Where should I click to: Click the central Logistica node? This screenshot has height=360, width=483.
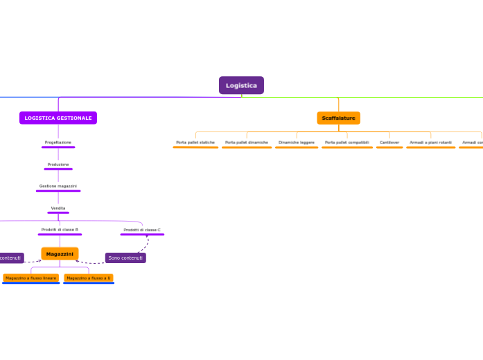click(x=241, y=85)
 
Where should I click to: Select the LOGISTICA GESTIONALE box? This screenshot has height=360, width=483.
click(x=58, y=118)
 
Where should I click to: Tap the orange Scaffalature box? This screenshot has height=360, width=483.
click(x=338, y=118)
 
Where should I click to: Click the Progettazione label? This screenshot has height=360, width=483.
click(x=58, y=142)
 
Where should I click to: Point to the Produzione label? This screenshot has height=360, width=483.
click(x=58, y=164)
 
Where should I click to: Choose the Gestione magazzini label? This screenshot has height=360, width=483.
click(x=58, y=186)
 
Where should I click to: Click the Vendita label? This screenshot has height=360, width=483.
click(x=58, y=208)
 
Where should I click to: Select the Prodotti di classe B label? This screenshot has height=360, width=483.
click(x=60, y=229)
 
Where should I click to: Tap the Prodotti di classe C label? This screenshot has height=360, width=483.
click(x=142, y=229)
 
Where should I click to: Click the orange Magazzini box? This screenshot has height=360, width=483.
click(x=60, y=254)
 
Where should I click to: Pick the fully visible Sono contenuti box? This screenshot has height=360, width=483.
click(x=125, y=258)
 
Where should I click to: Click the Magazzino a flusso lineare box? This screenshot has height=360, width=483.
click(x=30, y=278)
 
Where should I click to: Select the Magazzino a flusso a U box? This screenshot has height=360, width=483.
click(x=88, y=278)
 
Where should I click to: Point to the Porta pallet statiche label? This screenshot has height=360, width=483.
click(x=195, y=142)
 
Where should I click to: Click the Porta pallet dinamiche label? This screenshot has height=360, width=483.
click(x=246, y=142)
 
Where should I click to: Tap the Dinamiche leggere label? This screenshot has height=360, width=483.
click(x=297, y=142)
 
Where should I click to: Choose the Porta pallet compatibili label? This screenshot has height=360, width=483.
click(x=347, y=142)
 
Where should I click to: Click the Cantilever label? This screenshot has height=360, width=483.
click(x=389, y=142)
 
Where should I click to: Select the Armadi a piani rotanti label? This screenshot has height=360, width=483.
click(x=430, y=142)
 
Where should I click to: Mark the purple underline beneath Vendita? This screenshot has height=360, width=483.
click(x=58, y=213)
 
